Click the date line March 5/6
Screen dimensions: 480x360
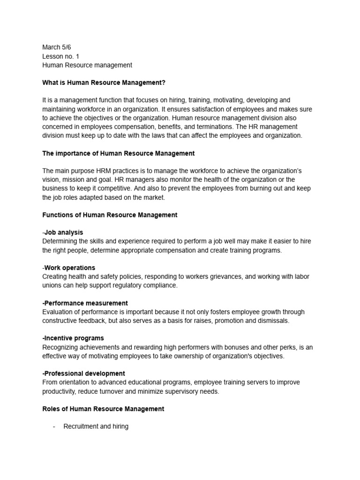(56, 47)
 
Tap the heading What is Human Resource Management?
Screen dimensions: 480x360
(104, 82)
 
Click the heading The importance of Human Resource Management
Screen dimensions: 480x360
(118, 153)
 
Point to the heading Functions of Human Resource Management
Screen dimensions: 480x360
(110, 215)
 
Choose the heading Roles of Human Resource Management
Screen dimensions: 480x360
(103, 409)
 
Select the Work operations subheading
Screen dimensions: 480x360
(69, 268)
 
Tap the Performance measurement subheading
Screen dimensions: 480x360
(85, 303)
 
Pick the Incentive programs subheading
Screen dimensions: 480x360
(73, 338)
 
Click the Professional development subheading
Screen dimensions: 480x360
(83, 374)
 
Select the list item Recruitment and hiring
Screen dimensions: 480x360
(96, 427)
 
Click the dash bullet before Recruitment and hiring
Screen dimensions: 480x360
(54, 427)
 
